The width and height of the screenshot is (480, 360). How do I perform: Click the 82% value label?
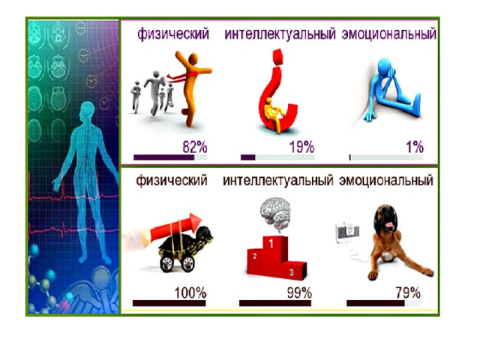(195, 147)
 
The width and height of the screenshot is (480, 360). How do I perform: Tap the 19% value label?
(301, 147)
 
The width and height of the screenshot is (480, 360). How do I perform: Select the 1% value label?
(415, 147)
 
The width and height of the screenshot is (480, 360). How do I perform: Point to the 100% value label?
(190, 293)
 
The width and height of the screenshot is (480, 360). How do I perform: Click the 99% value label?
(299, 293)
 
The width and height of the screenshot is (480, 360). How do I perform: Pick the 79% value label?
(408, 293)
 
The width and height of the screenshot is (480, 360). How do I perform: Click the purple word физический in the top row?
(173, 34)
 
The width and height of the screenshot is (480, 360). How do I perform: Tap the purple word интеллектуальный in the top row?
(280, 34)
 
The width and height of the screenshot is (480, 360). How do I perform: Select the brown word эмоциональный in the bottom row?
(386, 180)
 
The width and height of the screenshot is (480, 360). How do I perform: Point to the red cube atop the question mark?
(278, 58)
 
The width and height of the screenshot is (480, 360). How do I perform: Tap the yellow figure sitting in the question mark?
(274, 114)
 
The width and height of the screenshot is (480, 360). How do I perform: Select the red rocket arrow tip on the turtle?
(195, 220)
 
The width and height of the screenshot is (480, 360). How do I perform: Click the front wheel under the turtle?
(188, 264)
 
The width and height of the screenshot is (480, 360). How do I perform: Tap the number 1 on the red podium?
(271, 243)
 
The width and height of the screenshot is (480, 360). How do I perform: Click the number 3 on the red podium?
(292, 272)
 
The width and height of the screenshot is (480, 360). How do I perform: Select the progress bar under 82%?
(170, 157)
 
